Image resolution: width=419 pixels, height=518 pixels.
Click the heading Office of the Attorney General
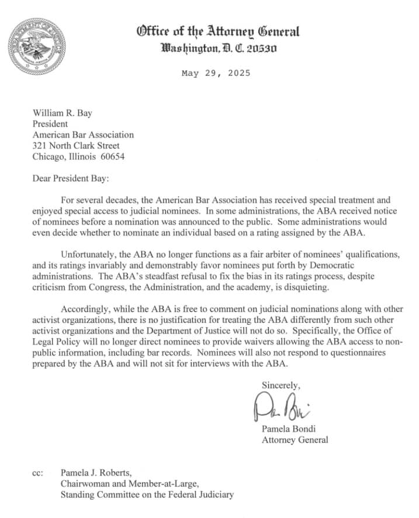click(218, 32)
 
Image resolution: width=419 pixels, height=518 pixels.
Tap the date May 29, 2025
click(216, 74)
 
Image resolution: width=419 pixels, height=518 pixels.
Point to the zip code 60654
click(112, 157)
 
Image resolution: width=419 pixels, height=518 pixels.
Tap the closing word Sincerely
click(281, 385)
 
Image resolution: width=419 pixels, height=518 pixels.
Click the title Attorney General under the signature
click(295, 440)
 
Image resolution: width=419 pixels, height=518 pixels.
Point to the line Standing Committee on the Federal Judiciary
click(147, 495)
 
